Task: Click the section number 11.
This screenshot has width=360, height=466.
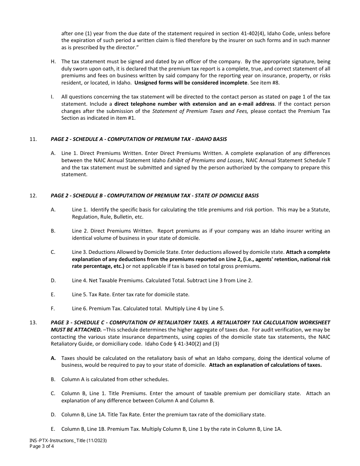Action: [x=33, y=139]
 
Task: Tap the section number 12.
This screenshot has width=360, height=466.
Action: [x=33, y=195]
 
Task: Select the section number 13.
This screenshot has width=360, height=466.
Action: [x=33, y=322]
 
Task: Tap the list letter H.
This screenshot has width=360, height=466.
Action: [x=53, y=61]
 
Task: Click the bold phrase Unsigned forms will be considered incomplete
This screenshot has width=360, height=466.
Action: [x=191, y=83]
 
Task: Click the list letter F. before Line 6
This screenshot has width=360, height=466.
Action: [x=53, y=308]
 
